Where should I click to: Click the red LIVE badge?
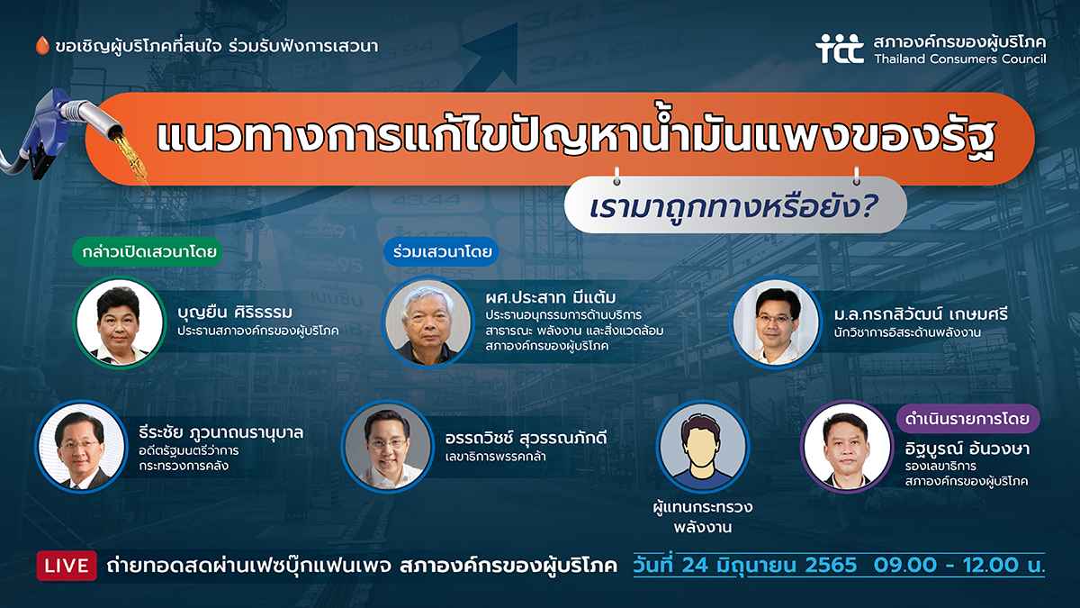click(67, 566)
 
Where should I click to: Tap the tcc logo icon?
click(840, 49)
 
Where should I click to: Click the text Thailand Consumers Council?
click(960, 59)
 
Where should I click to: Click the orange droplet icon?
click(42, 45)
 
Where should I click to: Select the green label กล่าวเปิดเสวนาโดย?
click(148, 251)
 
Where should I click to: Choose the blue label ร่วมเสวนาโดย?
click(441, 251)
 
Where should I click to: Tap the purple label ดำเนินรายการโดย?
click(967, 418)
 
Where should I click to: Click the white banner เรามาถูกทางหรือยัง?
click(735, 205)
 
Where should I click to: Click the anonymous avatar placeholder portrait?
click(702, 447)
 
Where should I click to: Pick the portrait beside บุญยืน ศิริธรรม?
click(120, 322)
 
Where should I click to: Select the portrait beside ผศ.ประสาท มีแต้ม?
click(428, 322)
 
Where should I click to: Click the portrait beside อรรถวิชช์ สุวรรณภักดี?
click(388, 447)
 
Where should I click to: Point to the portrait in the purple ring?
click(847, 447)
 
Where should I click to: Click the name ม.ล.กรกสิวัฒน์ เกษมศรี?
click(921, 314)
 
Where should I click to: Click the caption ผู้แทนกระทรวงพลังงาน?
click(703, 517)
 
